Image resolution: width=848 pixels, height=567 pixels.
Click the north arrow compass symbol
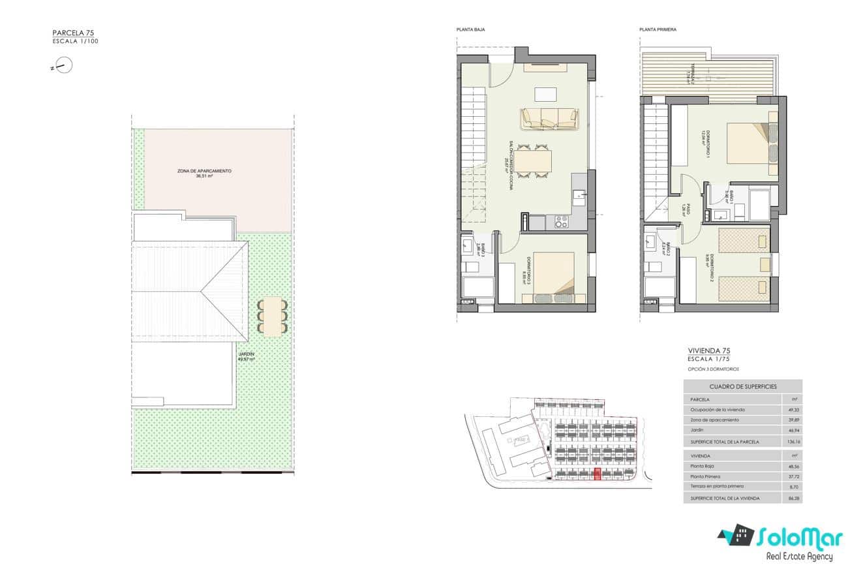[64, 65]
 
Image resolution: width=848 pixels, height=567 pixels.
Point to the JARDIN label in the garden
[246, 356]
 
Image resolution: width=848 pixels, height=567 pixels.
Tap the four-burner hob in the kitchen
[561, 222]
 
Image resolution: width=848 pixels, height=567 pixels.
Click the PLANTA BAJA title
[470, 29]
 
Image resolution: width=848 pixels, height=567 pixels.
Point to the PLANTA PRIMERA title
[658, 29]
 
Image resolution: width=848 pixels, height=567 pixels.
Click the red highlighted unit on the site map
[598, 474]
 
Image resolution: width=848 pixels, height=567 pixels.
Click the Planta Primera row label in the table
[705, 476]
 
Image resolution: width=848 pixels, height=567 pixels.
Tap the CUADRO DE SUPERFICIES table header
[742, 386]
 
